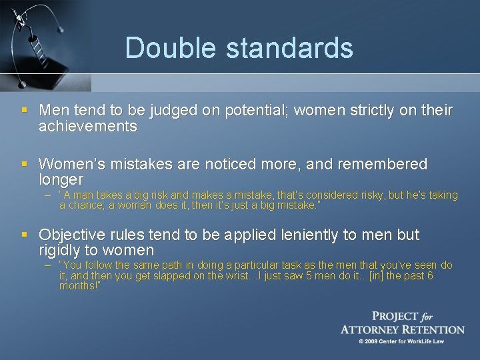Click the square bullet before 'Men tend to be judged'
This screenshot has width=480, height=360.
point(25,110)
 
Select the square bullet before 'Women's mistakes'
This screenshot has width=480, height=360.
point(25,164)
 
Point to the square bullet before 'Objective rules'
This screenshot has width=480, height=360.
point(25,235)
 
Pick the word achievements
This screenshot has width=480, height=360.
point(88,126)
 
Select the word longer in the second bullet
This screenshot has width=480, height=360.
point(61,180)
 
